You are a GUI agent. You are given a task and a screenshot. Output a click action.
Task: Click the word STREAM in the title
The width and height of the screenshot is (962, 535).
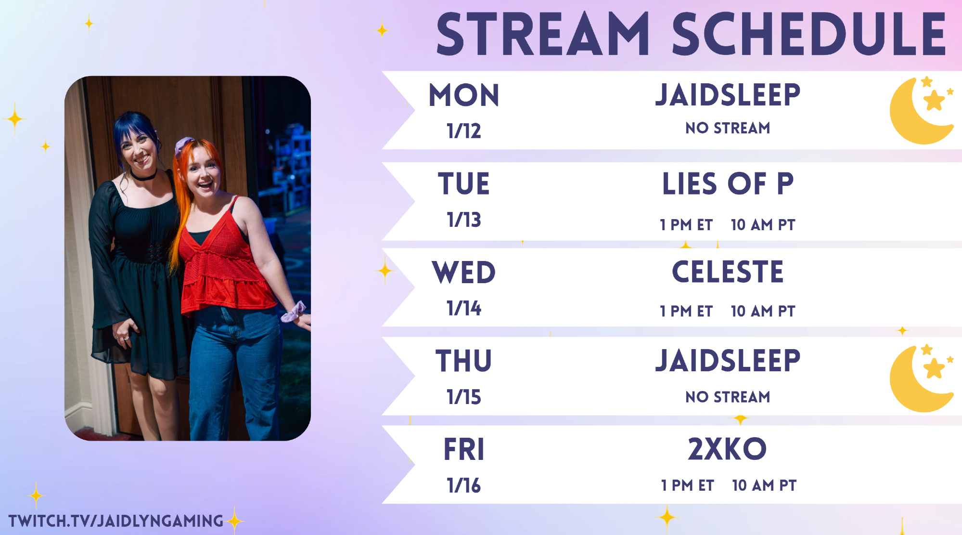[543, 34]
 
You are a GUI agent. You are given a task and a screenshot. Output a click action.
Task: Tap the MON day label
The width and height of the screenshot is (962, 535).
[464, 95]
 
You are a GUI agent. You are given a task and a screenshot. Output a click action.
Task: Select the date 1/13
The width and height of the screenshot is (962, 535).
[464, 220]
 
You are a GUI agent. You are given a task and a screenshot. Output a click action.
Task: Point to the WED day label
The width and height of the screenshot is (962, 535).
[464, 273]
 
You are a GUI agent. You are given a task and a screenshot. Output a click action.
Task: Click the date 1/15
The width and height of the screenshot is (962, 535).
[464, 397]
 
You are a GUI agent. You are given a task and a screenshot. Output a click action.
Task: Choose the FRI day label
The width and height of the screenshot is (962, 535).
[464, 450]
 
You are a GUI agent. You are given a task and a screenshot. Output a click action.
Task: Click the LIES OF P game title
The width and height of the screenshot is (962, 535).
[728, 184]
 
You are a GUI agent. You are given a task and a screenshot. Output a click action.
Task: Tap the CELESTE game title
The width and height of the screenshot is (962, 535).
[728, 272]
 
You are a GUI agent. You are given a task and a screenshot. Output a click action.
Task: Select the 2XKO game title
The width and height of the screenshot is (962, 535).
[727, 449]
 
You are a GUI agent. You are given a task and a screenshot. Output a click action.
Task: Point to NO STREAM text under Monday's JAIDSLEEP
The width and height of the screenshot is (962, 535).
[728, 128]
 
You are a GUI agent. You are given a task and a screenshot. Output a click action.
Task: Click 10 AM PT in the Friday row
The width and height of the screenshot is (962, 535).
[764, 485]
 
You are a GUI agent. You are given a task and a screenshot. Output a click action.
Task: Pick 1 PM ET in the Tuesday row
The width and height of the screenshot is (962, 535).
[686, 225]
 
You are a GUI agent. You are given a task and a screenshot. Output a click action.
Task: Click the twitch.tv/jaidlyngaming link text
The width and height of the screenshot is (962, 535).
[116, 521]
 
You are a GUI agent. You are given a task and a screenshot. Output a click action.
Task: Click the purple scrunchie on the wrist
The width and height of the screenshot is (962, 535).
[293, 312]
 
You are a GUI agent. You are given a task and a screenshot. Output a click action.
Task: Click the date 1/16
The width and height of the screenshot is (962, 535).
[464, 485]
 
